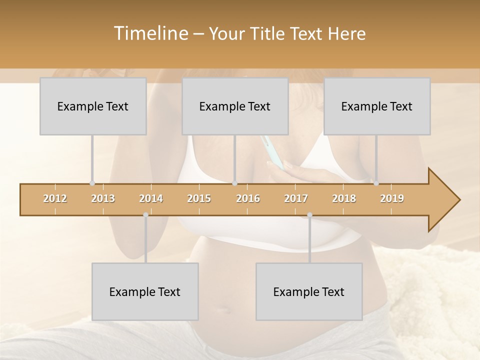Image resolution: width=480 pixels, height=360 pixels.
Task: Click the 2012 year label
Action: (x=55, y=198)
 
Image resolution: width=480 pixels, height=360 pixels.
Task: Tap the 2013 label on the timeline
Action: (x=103, y=198)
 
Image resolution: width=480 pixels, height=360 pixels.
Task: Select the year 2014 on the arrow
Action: (x=151, y=198)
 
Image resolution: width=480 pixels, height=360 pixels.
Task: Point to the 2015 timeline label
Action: (x=199, y=198)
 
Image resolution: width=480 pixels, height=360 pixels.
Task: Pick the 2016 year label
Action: (x=248, y=198)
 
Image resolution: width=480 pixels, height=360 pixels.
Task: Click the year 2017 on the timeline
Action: (x=296, y=198)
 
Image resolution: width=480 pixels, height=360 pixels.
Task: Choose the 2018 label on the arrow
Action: (x=344, y=198)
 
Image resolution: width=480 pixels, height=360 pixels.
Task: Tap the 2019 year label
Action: (x=392, y=198)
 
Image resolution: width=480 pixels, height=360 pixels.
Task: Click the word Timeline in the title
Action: (x=150, y=33)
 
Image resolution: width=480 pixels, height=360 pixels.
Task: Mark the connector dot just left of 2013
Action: (x=92, y=183)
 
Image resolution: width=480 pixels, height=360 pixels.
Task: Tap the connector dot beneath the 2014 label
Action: (x=145, y=215)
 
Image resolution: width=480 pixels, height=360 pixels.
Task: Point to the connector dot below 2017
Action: (x=309, y=215)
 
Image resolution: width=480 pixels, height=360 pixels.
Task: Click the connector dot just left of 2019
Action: (x=376, y=183)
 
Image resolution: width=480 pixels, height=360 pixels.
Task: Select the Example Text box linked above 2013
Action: (x=93, y=106)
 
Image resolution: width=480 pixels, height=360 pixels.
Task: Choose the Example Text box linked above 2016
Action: (x=235, y=106)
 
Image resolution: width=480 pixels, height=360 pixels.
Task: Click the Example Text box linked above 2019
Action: (x=377, y=106)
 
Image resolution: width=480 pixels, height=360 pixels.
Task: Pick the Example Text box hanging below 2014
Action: (x=145, y=291)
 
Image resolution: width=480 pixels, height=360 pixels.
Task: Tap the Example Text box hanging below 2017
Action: (x=309, y=291)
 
